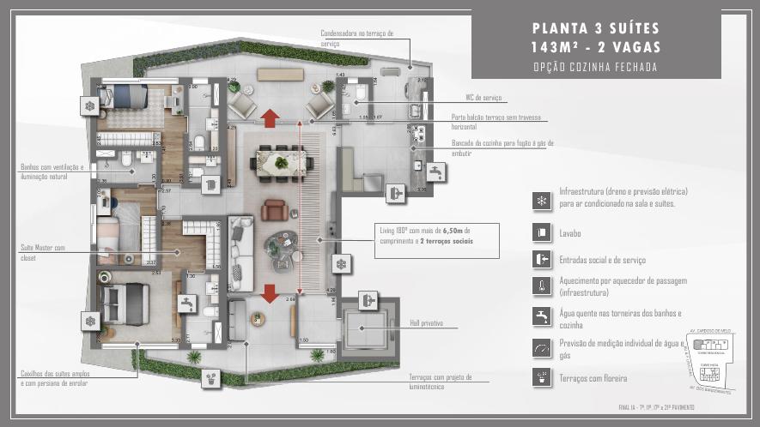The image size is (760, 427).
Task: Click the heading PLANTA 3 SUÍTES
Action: [595, 27]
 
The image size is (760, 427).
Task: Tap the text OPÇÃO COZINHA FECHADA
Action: [595, 67]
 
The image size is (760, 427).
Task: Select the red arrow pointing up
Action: [270, 117]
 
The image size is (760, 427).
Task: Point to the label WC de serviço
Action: [483, 99]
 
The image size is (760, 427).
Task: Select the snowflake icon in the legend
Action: [541, 200]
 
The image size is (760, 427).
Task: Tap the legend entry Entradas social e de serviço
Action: [602, 259]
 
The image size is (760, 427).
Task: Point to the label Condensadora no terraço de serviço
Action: [356, 38]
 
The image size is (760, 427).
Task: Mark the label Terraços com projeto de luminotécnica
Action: [447, 382]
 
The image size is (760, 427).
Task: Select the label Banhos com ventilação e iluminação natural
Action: [52, 171]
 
